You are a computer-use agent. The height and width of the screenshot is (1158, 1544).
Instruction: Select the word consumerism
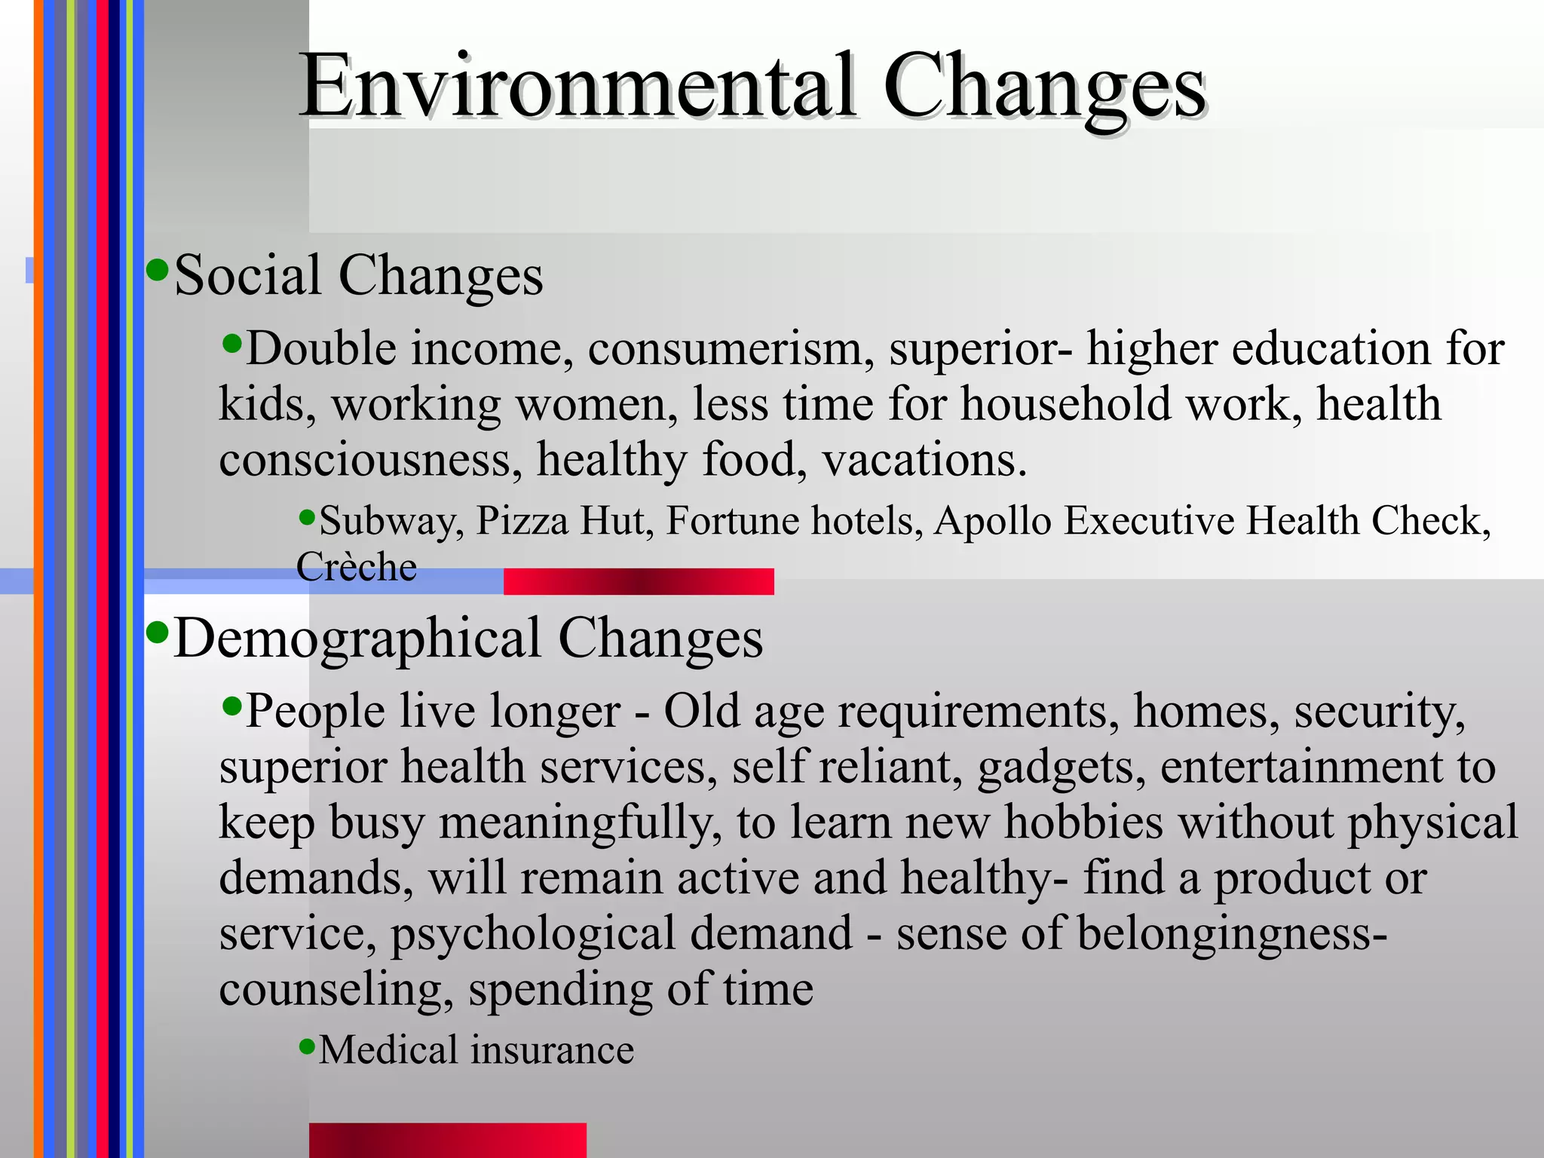[731, 349]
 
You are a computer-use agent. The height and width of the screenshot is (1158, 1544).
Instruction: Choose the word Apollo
[992, 521]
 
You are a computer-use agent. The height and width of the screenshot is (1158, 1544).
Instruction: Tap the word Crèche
[357, 567]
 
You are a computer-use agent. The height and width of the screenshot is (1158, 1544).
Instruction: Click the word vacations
[924, 460]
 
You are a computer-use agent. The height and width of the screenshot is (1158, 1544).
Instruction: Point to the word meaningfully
[575, 823]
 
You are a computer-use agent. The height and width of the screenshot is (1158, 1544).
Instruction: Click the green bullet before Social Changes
[157, 269]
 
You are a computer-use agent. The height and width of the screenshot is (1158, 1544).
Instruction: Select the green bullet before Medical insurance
[306, 1046]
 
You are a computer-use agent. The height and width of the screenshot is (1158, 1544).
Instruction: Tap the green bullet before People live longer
[232, 706]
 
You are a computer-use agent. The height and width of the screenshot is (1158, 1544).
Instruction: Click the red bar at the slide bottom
[447, 1140]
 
